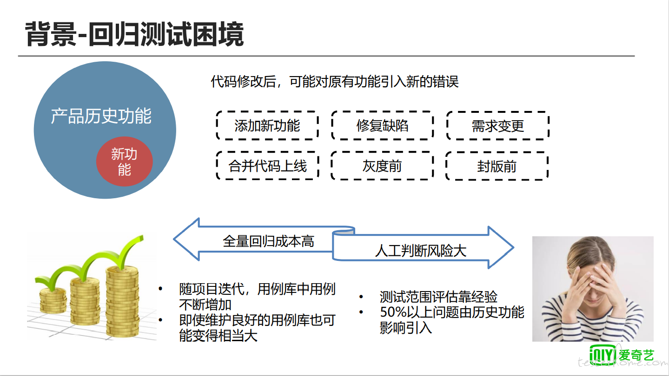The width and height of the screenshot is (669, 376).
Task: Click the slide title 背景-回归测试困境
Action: click(134, 34)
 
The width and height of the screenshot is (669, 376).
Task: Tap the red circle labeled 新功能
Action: click(124, 162)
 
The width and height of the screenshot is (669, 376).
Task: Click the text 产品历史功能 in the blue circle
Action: click(101, 116)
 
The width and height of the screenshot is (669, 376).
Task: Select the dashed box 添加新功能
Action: click(267, 125)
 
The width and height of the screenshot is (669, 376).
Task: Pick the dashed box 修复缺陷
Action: click(382, 125)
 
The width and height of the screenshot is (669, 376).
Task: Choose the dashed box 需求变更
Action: click(498, 126)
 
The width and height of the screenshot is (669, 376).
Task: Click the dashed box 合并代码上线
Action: click(267, 166)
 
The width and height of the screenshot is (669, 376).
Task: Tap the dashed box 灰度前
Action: click(382, 166)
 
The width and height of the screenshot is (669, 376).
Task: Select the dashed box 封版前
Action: click(497, 166)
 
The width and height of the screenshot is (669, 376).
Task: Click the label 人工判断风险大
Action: click(421, 251)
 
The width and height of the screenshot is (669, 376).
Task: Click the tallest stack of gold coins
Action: click(122, 301)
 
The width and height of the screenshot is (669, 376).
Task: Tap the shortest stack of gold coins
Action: click(53, 300)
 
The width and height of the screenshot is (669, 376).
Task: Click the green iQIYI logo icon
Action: click(603, 355)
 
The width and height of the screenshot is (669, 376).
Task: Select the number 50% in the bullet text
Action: click(393, 312)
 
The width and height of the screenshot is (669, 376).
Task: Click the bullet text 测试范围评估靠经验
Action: click(438, 297)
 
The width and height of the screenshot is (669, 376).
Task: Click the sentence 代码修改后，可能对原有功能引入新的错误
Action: click(335, 82)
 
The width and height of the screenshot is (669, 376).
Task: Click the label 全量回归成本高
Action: click(269, 241)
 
